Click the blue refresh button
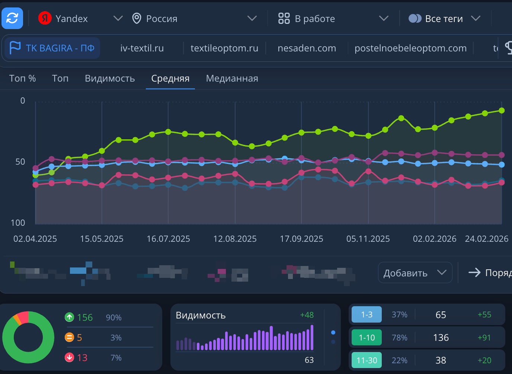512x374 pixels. [x=12, y=18]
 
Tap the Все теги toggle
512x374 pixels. [x=415, y=19]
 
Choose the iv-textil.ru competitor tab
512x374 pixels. [x=142, y=48]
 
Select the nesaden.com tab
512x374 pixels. [x=307, y=48]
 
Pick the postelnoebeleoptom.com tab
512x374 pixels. [x=410, y=48]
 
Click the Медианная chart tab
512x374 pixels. [x=232, y=79]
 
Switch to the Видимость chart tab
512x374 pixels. [x=110, y=79]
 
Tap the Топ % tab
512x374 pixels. [x=22, y=79]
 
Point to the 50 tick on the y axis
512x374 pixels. [x=20, y=162]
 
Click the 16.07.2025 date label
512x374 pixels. [x=168, y=239]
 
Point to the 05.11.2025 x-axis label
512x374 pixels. [x=368, y=239]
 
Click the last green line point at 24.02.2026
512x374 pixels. [x=502, y=111]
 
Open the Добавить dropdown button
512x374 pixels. [x=415, y=273]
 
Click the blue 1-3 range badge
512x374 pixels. [x=367, y=315]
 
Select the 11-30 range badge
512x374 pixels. [x=367, y=360]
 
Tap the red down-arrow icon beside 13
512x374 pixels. [x=70, y=358]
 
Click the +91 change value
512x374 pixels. [x=484, y=338]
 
